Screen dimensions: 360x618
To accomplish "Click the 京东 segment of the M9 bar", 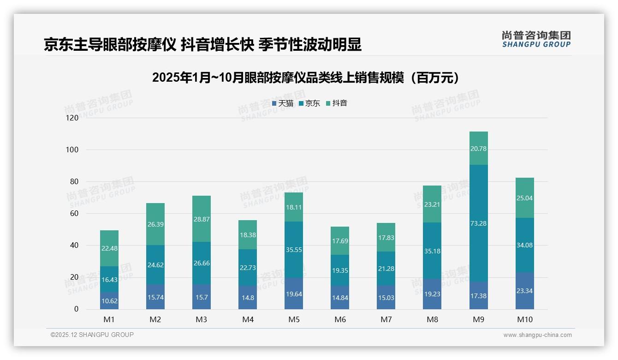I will point(478,223).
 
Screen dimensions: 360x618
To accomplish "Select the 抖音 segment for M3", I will point(202,218).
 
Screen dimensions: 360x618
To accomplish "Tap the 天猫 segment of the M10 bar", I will point(524,291).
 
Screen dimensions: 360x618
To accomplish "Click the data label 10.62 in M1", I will point(109,300).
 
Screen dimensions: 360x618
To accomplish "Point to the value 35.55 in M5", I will point(294,249).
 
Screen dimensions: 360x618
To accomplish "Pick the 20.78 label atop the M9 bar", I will point(478,149).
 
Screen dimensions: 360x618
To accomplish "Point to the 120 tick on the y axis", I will point(72,118).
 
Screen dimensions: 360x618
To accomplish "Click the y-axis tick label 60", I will point(74,214).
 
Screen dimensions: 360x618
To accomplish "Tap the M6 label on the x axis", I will point(340,319).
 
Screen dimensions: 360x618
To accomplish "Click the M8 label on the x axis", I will point(432,319).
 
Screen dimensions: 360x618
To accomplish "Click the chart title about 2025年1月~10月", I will point(307,78).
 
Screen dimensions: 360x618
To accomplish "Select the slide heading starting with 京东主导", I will point(202,44).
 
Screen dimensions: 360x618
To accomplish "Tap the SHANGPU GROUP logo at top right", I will point(536,39).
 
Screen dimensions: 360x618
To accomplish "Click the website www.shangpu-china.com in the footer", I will point(537,335).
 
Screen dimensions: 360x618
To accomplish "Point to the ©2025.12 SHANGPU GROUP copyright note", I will point(92,335).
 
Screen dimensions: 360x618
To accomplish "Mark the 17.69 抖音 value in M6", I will point(340,240).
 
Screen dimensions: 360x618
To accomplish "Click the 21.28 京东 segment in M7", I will point(386,269).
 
